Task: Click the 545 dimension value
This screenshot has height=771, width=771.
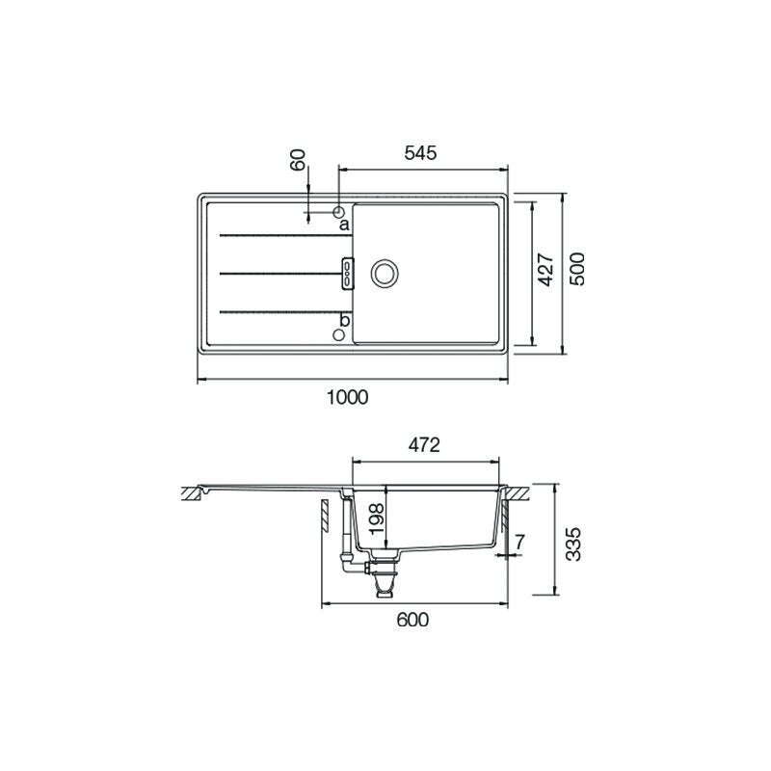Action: pyautogui.click(x=420, y=153)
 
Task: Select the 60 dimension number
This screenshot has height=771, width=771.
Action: pyautogui.click(x=298, y=160)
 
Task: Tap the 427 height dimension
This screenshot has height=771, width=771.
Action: pyautogui.click(x=545, y=270)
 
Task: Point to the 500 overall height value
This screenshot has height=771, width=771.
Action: pyautogui.click(x=577, y=269)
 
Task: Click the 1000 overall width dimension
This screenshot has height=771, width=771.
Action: pyautogui.click(x=348, y=397)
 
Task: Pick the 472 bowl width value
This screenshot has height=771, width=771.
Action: pyautogui.click(x=424, y=445)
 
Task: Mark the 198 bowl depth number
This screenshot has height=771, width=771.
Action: pyautogui.click(x=377, y=518)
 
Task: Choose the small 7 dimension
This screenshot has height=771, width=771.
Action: pyautogui.click(x=520, y=542)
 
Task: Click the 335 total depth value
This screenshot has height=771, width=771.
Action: pyautogui.click(x=573, y=545)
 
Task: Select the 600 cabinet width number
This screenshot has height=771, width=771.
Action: pyautogui.click(x=412, y=620)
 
